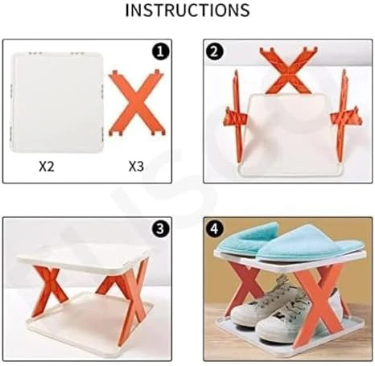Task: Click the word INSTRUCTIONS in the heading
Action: coord(187,10)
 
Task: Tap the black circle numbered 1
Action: coord(160,51)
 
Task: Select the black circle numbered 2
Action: coord(214,51)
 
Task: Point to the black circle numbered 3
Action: coord(160,229)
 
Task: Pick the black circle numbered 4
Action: coord(214,229)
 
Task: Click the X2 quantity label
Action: coord(47,167)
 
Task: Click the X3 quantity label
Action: coord(137,167)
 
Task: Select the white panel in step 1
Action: coord(57,102)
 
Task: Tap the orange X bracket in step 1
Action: coord(137,102)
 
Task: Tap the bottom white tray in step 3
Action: coord(89,323)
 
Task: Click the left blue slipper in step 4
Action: coord(248,237)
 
